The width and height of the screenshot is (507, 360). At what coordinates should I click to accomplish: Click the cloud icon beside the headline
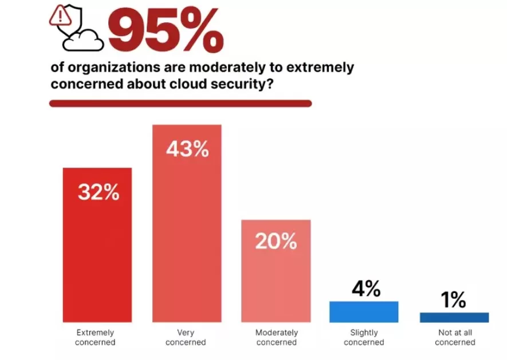[x=84, y=40]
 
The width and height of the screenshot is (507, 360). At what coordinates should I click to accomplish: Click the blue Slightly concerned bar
[x=364, y=311]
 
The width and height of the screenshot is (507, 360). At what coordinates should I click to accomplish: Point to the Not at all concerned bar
[x=454, y=317]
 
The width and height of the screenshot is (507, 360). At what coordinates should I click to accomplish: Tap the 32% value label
[x=99, y=192]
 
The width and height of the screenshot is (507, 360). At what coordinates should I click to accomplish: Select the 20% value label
[x=276, y=242]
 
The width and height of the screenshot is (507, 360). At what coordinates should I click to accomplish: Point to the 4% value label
[x=365, y=289]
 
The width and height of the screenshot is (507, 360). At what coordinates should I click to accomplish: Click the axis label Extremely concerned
[x=96, y=338]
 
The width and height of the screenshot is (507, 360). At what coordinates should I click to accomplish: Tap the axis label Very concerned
[x=186, y=338]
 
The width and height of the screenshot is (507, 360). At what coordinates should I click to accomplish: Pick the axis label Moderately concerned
[x=277, y=338]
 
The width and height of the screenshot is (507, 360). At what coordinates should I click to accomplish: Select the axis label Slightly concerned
[x=364, y=338]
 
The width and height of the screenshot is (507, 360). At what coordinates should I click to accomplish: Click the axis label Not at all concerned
[x=455, y=338]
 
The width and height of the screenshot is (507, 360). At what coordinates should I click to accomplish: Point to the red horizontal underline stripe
[x=180, y=104]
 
